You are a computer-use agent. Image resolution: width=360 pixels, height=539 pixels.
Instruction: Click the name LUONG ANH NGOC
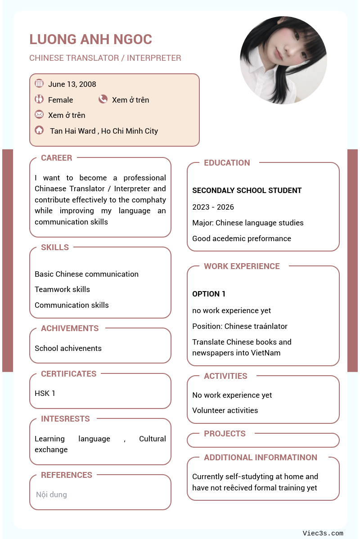point(90,40)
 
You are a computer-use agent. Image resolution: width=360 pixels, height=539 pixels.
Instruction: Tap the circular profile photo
point(283,60)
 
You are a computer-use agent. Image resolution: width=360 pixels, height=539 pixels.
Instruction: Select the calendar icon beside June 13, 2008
point(39,84)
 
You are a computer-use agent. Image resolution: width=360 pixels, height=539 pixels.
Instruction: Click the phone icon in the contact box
point(103,99)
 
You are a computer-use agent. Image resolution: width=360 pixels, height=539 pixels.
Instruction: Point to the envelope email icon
point(39,115)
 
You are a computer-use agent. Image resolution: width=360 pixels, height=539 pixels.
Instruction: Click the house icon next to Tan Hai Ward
point(39,130)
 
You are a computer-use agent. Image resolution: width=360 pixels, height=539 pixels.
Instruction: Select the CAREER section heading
point(56,158)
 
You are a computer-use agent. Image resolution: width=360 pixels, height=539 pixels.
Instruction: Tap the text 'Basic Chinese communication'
point(86,274)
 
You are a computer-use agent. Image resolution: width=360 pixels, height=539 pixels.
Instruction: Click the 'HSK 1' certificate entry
point(45,393)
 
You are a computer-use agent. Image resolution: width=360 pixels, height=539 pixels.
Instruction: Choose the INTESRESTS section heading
point(65,419)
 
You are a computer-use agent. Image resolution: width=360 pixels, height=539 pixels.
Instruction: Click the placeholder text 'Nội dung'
point(51,494)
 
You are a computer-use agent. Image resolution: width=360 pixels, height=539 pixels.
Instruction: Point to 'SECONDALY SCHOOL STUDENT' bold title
point(247,190)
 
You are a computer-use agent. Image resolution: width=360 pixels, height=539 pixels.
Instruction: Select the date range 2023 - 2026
point(213,207)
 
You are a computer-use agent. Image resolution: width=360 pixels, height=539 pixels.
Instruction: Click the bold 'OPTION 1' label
point(209,294)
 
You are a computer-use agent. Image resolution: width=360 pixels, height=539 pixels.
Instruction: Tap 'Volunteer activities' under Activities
point(225,410)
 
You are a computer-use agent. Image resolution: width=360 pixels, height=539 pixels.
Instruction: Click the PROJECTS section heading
point(225,434)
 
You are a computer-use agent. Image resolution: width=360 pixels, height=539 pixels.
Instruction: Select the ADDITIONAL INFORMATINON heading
point(261,458)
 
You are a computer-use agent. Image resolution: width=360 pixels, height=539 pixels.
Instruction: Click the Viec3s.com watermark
point(323,533)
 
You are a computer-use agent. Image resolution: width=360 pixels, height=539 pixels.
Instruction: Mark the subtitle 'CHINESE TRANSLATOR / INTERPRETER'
point(105,58)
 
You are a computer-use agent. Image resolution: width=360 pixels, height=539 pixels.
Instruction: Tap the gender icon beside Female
point(39,99)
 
